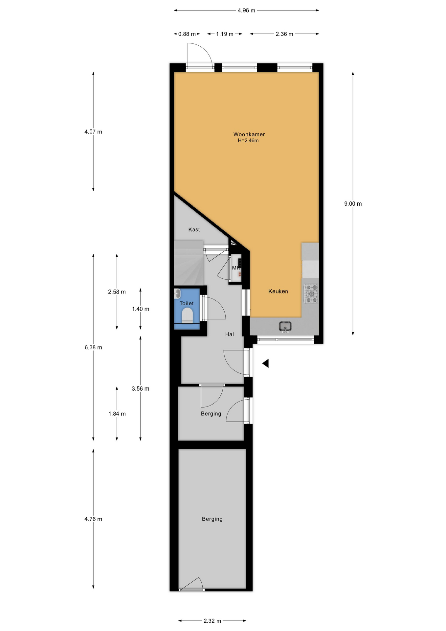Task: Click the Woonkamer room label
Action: [249, 134]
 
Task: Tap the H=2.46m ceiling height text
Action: [248, 141]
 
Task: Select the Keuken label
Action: [278, 291]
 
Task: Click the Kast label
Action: [194, 229]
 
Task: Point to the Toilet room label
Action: [187, 303]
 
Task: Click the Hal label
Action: [230, 334]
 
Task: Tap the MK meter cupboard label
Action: [236, 268]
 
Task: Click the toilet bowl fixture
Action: [188, 315]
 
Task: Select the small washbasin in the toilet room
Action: [177, 293]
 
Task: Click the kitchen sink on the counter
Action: [285, 326]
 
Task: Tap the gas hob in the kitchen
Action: [311, 294]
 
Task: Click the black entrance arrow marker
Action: [265, 363]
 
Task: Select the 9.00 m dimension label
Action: [353, 204]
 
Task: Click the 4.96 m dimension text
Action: [246, 11]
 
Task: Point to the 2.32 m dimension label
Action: [212, 621]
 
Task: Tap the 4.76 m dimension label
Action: [93, 519]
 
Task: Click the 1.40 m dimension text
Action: [141, 309]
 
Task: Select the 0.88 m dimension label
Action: [187, 34]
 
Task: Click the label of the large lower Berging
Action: [212, 519]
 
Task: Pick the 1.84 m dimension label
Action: [117, 414]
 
